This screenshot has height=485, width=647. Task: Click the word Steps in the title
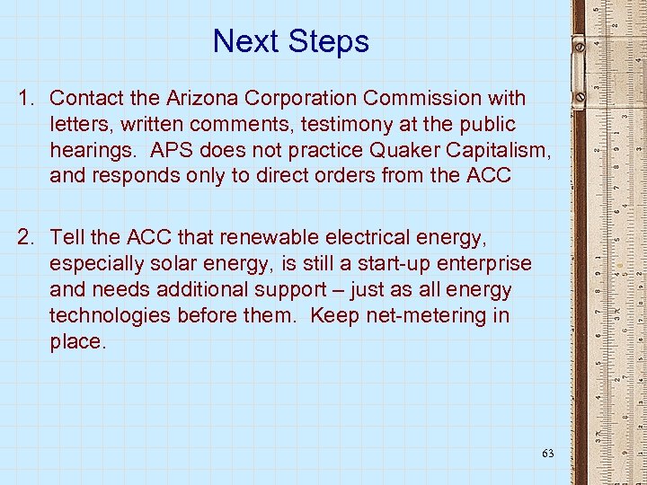[x=328, y=41]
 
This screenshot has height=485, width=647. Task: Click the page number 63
[x=547, y=454]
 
